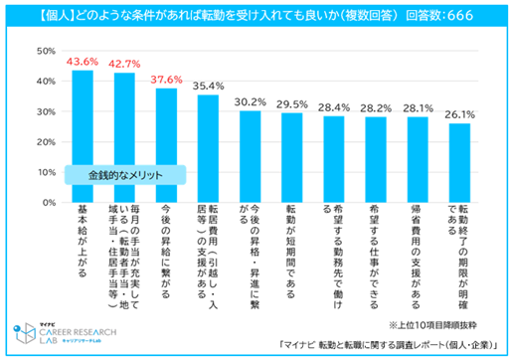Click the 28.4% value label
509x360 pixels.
(333, 107)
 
